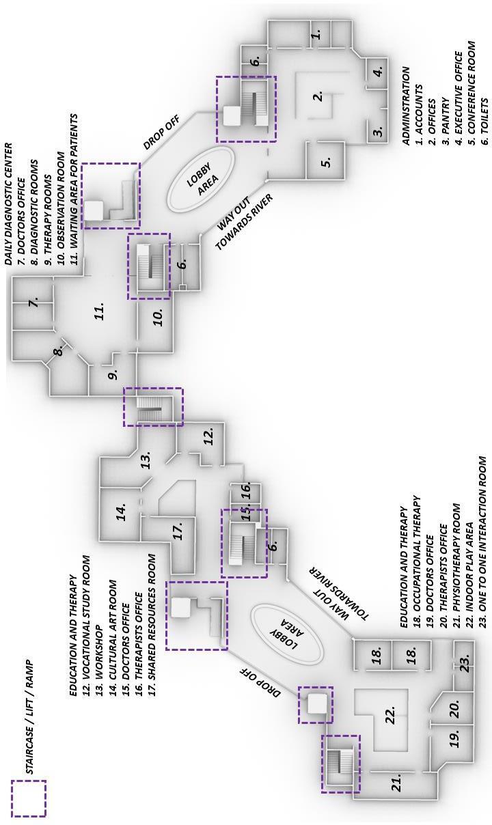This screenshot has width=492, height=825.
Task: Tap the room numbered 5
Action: click(327, 163)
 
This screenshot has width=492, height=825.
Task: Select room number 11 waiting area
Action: click(99, 311)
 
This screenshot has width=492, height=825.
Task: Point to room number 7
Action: click(33, 301)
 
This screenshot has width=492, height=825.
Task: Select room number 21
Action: click(397, 785)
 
